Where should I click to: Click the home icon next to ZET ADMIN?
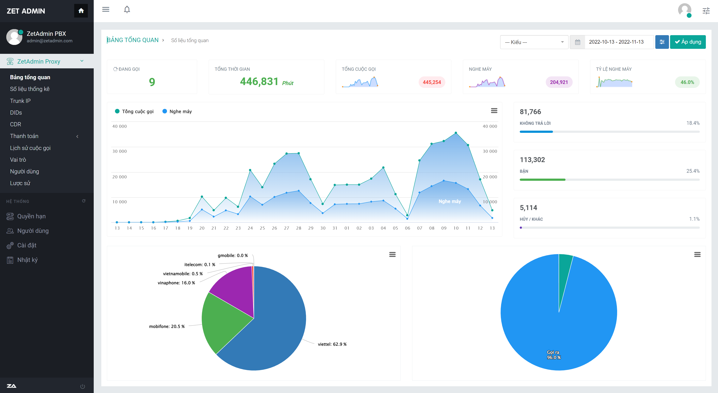click(x=81, y=11)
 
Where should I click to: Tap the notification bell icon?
click(x=127, y=10)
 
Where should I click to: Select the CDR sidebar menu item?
click(x=16, y=124)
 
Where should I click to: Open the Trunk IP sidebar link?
click(x=20, y=101)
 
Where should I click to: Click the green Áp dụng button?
click(x=688, y=42)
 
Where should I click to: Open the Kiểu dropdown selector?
click(x=534, y=42)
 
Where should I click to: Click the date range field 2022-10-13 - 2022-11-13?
click(x=616, y=42)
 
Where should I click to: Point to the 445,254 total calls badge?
click(x=431, y=82)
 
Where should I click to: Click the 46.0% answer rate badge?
click(x=687, y=82)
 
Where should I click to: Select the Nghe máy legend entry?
click(x=177, y=112)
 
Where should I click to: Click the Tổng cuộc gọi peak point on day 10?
click(x=456, y=133)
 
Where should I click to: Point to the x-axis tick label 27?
click(x=287, y=228)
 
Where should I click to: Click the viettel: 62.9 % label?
click(x=332, y=344)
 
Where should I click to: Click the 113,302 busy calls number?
click(x=532, y=160)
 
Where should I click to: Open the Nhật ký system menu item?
click(x=27, y=260)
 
